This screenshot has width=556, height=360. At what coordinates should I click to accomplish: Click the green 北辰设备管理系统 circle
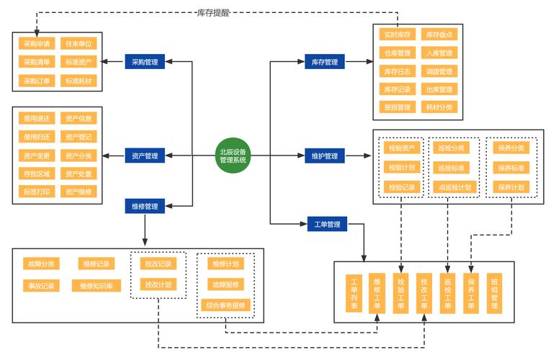coord(233,155)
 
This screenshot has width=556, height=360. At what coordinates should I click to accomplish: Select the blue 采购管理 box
coord(145,62)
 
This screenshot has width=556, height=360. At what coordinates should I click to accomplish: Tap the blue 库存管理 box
coord(325,62)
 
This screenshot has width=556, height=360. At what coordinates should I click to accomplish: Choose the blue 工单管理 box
coord(327,225)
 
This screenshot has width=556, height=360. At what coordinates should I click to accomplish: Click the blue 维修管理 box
coord(145,207)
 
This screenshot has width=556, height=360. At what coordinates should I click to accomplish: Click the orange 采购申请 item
coord(37,43)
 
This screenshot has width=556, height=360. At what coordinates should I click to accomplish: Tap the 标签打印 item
coord(37,192)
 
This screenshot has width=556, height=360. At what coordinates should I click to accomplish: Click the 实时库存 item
coord(397,35)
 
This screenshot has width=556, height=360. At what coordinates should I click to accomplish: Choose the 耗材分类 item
coord(439,107)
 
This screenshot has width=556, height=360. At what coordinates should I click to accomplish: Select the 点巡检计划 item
coord(454,187)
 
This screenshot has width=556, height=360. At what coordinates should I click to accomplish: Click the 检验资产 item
coord(401,148)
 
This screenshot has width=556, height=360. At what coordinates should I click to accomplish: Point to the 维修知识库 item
coord(96,286)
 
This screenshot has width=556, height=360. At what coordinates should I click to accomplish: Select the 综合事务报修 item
coord(225,305)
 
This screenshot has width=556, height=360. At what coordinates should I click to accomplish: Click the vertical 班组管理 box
coord(494,293)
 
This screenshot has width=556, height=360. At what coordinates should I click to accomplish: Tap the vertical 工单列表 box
coord(354,293)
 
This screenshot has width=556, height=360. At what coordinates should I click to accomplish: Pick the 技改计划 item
coord(158,284)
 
